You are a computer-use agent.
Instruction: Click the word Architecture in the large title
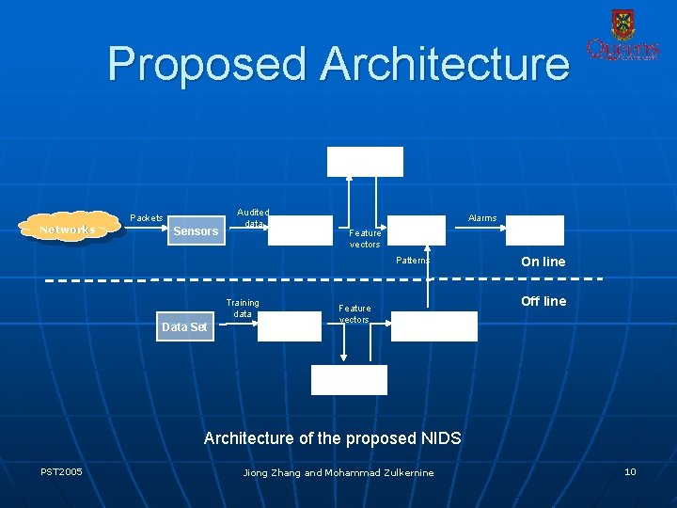pyautogui.click(x=445, y=64)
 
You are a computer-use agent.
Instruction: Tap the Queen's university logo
pyautogui.click(x=622, y=37)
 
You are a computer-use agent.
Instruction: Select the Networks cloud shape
pyautogui.click(x=68, y=230)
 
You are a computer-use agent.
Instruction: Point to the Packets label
pyautogui.click(x=146, y=218)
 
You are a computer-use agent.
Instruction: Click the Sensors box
pyautogui.click(x=197, y=230)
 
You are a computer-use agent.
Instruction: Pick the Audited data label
pyautogui.click(x=253, y=218)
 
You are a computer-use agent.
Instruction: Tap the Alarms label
pyautogui.click(x=482, y=218)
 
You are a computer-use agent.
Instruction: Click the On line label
pyautogui.click(x=543, y=262)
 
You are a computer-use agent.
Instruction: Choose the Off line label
pyautogui.click(x=543, y=301)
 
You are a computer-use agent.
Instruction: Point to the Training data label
pyautogui.click(x=243, y=308)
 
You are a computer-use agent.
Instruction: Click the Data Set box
pyautogui.click(x=184, y=326)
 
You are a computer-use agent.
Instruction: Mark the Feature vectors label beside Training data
pyautogui.click(x=354, y=313)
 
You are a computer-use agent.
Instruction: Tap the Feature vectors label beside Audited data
pyautogui.click(x=365, y=238)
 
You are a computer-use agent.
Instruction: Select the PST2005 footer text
pyautogui.click(x=61, y=471)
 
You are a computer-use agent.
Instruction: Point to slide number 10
pyautogui.click(x=630, y=471)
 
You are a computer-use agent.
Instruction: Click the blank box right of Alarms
pyautogui.click(x=535, y=230)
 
